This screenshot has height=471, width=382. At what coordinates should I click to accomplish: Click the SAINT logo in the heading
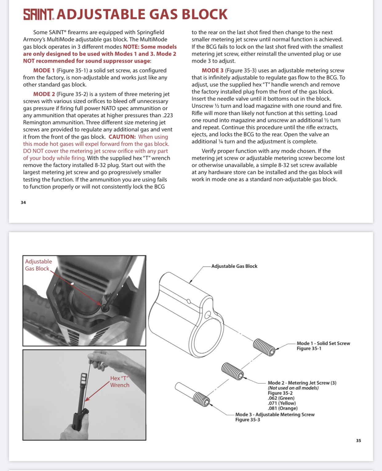tap(39, 14)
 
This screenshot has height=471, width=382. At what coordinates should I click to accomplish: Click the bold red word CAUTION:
tap(122, 137)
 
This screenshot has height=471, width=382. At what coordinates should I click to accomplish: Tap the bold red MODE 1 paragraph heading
tap(44, 70)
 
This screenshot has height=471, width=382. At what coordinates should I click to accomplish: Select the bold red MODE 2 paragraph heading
tap(44, 94)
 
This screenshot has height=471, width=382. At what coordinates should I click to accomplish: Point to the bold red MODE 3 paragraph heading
tap(213, 70)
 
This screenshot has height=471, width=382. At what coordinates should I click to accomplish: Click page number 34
tap(23, 203)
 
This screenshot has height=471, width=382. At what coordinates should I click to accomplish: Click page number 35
tap(358, 441)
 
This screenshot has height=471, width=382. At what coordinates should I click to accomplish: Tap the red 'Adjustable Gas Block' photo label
tap(38, 265)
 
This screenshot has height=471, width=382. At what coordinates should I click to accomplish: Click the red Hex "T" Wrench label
tap(120, 382)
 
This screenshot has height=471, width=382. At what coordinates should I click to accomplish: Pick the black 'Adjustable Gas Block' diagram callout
tap(234, 266)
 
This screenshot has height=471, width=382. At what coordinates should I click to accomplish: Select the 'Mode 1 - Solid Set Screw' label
tap(323, 343)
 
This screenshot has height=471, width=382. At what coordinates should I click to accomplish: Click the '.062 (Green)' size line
tap(281, 398)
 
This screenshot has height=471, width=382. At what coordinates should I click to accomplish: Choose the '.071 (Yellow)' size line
tap(282, 403)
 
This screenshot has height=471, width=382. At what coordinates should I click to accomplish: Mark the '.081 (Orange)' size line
tap(283, 408)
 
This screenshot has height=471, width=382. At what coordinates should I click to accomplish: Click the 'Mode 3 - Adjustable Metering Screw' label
tap(275, 414)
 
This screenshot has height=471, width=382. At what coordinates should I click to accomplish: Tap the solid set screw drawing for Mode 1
tap(264, 347)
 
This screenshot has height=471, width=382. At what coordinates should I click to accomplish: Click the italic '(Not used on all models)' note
tap(293, 388)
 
